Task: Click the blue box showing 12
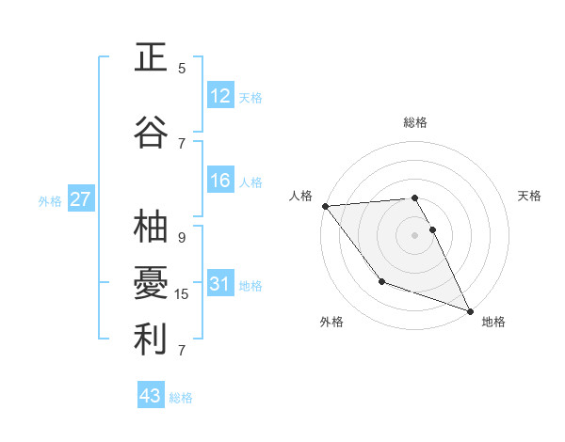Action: tap(220, 96)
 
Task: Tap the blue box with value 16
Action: tap(220, 182)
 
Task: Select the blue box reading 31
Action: tap(220, 284)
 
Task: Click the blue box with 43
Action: tap(151, 396)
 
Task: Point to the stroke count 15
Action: tap(182, 294)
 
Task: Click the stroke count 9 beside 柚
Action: tap(182, 238)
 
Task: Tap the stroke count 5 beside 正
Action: tap(182, 68)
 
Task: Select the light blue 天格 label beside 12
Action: tap(250, 98)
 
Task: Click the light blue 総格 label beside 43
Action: tap(181, 398)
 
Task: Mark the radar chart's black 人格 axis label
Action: tap(300, 196)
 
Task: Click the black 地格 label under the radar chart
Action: tap(493, 322)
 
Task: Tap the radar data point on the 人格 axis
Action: tap(325, 206)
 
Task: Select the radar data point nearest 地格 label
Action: tap(470, 310)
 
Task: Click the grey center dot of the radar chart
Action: tap(415, 235)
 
